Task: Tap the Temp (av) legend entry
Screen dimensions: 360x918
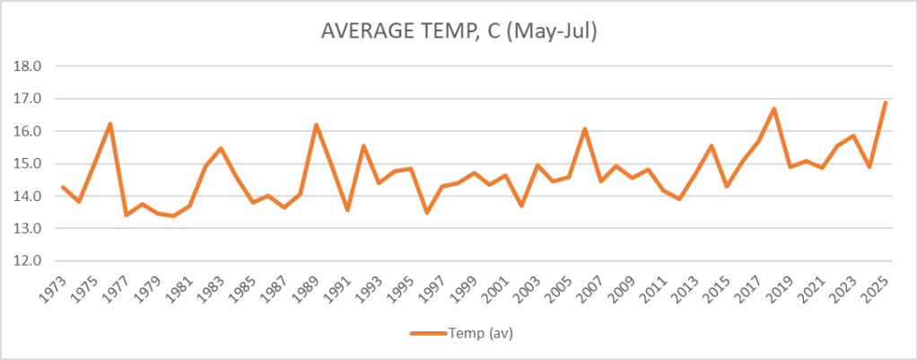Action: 461,333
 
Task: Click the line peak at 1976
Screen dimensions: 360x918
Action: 110,124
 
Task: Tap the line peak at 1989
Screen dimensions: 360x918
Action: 316,125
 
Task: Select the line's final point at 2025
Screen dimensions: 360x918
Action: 885,102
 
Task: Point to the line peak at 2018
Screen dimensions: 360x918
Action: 774,109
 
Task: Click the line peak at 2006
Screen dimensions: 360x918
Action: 584,129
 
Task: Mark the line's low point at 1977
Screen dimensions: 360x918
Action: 127,215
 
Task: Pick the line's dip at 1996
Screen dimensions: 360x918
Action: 426,213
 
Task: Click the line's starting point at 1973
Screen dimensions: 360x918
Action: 63,187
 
